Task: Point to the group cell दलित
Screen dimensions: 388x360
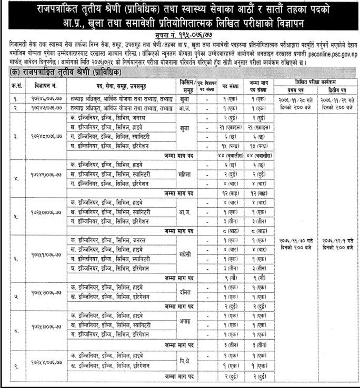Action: click(x=185, y=291)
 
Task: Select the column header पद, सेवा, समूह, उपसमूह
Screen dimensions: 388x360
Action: click(x=123, y=85)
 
